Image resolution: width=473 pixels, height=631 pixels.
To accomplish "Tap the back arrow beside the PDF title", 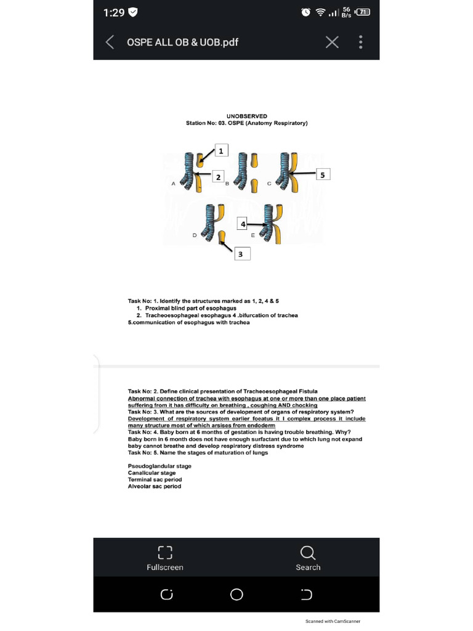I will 110,42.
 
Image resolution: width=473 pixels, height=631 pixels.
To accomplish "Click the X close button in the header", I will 332,42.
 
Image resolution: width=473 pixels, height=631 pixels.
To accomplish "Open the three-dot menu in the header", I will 360,42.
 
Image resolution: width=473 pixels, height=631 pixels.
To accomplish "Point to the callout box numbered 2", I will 218,177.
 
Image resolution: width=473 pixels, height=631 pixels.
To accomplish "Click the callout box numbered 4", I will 244,224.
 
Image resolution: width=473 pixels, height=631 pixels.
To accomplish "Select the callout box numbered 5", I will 324,174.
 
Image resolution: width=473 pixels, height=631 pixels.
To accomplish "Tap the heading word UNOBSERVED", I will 246,116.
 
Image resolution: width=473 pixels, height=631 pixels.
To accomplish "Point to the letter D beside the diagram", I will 195,235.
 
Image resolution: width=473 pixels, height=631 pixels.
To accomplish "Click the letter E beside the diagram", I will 253,235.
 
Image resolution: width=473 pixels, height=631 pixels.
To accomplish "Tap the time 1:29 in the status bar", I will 114,12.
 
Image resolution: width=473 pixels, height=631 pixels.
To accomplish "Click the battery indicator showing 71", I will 364,12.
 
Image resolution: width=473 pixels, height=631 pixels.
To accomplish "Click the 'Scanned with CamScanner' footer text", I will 333,621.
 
